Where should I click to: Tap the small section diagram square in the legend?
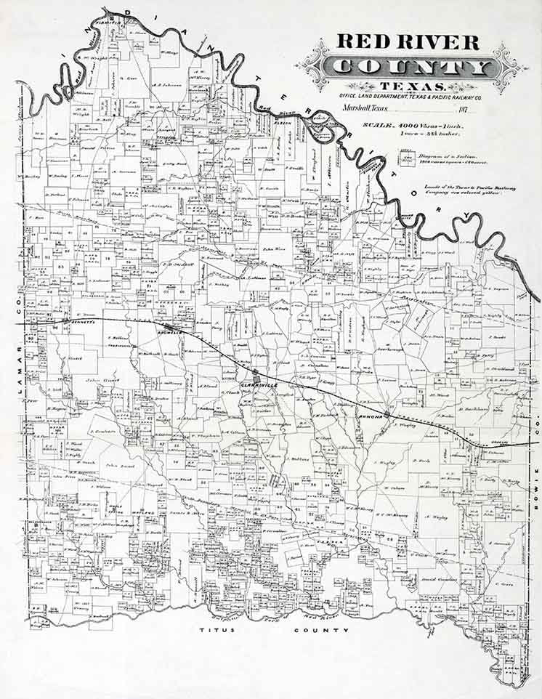[x=406, y=159]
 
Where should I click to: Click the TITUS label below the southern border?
[x=218, y=631]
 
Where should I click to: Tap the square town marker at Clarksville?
[x=255, y=372]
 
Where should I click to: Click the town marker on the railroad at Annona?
[x=388, y=415]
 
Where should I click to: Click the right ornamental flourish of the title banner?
[x=509, y=68]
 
